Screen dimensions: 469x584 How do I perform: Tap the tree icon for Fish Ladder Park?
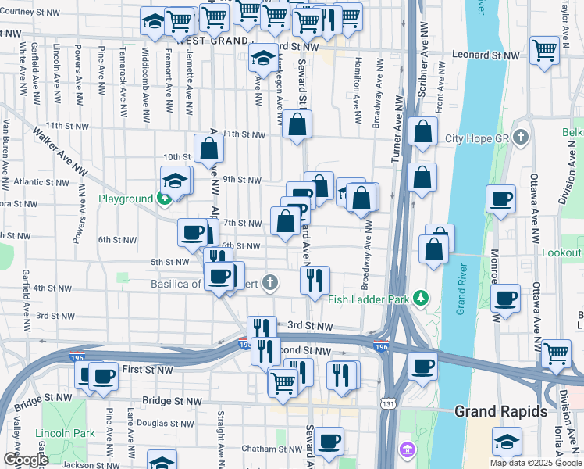click(x=422, y=297)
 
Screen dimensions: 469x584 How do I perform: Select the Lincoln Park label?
click(x=65, y=433)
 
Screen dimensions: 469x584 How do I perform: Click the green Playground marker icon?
click(x=164, y=199)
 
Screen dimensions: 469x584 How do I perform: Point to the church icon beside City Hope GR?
click(x=522, y=138)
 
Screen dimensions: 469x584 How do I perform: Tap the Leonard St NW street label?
click(x=489, y=56)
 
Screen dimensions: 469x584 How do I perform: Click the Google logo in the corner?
click(x=26, y=459)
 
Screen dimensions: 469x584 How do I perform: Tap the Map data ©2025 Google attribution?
click(x=535, y=463)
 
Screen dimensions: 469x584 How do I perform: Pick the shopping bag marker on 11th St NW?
click(x=297, y=124)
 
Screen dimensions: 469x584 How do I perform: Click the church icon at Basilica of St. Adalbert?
click(x=269, y=282)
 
